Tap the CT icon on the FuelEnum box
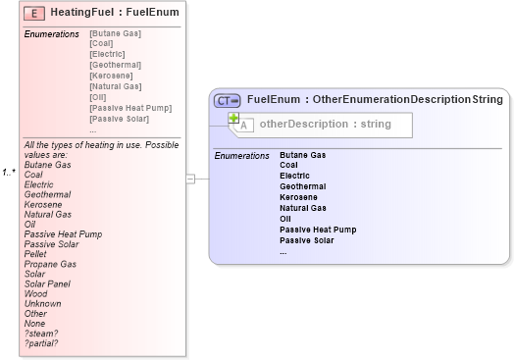pos(228,99)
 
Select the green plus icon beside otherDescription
pos(234,119)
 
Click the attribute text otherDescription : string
pos(325,125)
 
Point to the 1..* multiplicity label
pos(9,173)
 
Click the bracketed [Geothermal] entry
pos(114,65)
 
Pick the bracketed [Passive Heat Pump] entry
pos(125,108)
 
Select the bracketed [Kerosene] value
pos(110,76)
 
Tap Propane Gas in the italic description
pos(50,264)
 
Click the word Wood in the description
pos(35,292)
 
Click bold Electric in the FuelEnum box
pos(294,176)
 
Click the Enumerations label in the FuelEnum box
pos(241,155)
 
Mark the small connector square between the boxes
pos(191,179)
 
